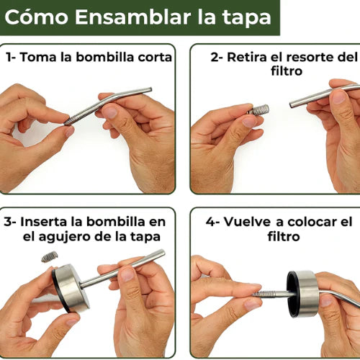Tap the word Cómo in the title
pos(40,17)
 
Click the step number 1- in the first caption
pos(12,57)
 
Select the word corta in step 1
pos(153,57)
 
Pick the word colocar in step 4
pos(311,221)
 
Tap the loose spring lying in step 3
pos(49,256)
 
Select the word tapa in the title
pos(251,17)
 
